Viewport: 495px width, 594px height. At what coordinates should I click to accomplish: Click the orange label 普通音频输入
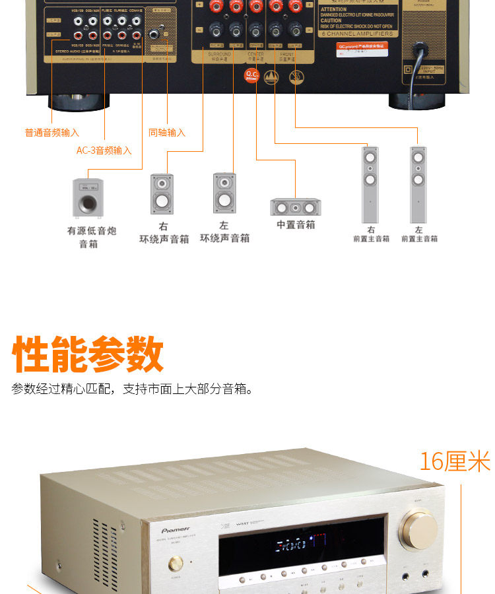point(52,133)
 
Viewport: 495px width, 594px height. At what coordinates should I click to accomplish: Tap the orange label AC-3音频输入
point(104,150)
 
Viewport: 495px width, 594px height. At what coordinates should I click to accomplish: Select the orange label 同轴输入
point(167,133)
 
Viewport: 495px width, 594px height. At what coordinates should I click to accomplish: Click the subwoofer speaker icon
point(88,197)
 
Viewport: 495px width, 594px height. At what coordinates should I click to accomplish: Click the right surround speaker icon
point(162,193)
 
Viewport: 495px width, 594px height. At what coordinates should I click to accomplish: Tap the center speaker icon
point(296,207)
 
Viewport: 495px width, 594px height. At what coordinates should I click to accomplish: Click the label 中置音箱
point(296,225)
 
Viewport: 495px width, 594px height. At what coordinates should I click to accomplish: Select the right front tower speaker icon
point(370,184)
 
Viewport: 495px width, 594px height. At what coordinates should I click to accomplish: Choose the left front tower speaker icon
point(418,184)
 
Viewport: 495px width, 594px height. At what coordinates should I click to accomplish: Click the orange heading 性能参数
point(88,355)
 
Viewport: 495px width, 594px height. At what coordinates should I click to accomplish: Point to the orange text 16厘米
point(455,461)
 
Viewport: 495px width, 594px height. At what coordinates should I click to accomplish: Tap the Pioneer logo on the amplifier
point(177,529)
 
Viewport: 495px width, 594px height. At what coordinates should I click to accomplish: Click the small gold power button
point(176,564)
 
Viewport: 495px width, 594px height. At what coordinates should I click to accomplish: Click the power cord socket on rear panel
point(419,49)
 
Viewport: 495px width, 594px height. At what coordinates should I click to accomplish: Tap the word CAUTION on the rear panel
point(333,20)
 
